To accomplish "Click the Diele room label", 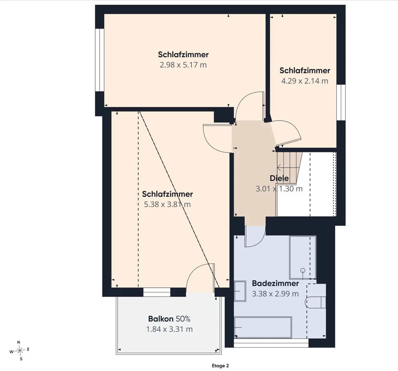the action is click(x=279, y=178).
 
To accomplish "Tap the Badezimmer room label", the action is click(x=276, y=283).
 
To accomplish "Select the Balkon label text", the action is click(x=161, y=319).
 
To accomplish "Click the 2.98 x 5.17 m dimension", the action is click(x=183, y=65).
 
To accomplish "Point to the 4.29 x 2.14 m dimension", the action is click(x=305, y=81).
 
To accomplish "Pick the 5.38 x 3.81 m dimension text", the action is click(x=167, y=204).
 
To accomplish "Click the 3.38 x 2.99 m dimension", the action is click(x=275, y=294).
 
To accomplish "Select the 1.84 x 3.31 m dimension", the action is click(x=169, y=330).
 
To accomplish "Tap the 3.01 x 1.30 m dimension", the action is click(x=279, y=189).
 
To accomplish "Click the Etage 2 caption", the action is click(x=220, y=366).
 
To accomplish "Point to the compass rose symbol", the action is click(x=20, y=351).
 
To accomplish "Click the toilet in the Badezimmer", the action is click(x=315, y=302).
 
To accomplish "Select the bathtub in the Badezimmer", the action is click(x=263, y=327).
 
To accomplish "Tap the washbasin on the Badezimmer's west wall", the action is click(x=240, y=291).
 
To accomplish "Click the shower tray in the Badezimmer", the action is click(x=302, y=257).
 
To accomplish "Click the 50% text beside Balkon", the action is click(x=183, y=319).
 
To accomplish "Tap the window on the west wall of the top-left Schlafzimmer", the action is click(x=100, y=60).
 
